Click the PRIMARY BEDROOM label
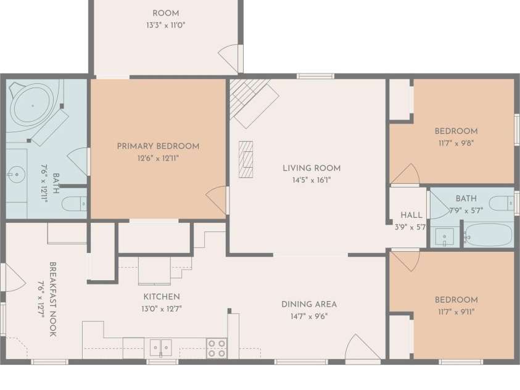point(158,146)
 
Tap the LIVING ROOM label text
point(312,168)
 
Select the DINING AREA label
point(309,304)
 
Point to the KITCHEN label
point(162,296)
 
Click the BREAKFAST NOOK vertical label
point(52,299)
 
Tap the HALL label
point(411,215)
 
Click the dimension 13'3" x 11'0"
point(166,25)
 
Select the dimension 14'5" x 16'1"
point(312,180)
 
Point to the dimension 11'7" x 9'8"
point(456,143)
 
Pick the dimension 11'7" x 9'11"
point(456,312)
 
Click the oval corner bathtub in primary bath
point(33,106)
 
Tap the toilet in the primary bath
point(74,203)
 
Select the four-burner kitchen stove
point(217,348)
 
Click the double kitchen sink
point(161,348)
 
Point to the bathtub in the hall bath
point(488,234)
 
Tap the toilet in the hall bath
point(501,203)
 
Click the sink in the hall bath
point(444,237)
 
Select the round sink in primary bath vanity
point(16,174)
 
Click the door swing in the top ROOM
point(229,59)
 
